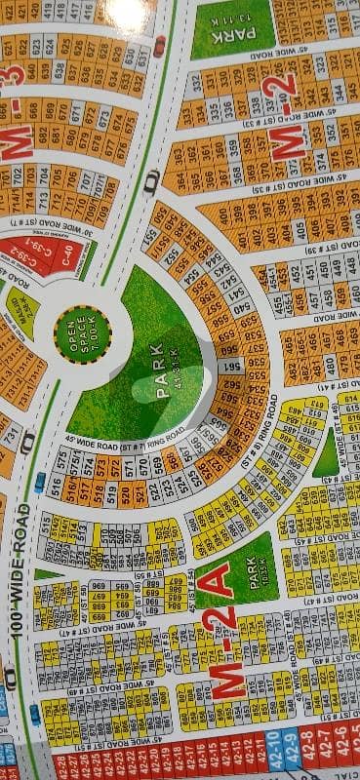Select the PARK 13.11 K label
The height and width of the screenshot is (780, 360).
229,30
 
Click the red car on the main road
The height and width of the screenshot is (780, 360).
159,46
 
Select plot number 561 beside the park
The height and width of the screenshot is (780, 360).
232,367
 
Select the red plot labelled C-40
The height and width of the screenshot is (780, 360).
67,258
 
